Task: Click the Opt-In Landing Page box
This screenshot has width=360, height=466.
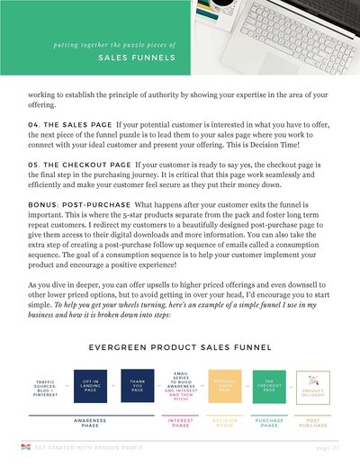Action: pos(91,386)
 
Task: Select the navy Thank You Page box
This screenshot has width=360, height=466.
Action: pos(136,386)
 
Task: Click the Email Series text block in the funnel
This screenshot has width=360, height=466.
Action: pos(180,386)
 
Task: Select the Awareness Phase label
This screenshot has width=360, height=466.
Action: pos(91,423)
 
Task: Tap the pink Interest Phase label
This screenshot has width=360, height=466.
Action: pos(180,423)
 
